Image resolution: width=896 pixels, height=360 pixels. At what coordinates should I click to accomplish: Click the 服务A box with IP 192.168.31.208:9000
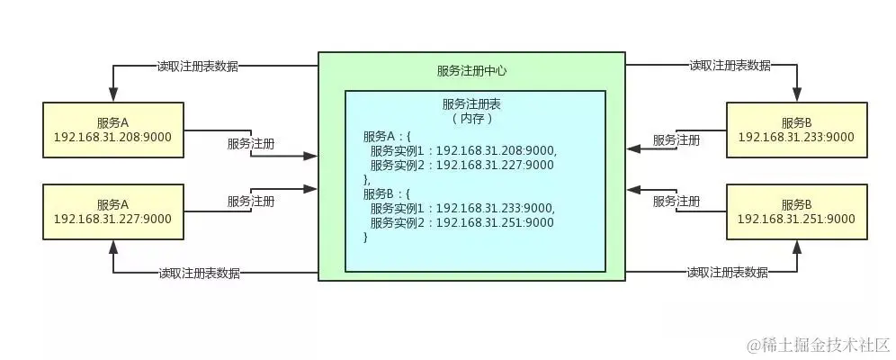(x=112, y=130)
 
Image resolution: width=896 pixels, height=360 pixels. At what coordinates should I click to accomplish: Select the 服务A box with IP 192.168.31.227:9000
(x=112, y=211)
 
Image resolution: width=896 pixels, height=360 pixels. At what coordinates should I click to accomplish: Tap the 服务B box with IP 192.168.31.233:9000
(x=796, y=130)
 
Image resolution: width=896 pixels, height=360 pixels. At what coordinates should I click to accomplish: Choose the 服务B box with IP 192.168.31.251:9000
(x=796, y=211)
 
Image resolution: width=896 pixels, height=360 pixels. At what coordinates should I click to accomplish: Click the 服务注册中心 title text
(x=474, y=70)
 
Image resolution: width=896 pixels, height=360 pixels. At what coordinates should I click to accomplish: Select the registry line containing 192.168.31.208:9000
(x=463, y=150)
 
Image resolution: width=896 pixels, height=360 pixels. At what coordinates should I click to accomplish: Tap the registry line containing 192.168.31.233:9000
(x=463, y=208)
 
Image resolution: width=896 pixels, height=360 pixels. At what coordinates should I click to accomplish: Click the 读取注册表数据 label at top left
(x=198, y=66)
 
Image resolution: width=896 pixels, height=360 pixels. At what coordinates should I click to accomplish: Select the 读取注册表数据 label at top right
(x=730, y=66)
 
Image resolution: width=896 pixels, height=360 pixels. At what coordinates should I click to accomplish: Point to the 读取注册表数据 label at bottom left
(x=199, y=273)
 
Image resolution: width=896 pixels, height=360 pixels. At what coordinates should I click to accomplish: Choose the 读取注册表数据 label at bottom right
(x=728, y=272)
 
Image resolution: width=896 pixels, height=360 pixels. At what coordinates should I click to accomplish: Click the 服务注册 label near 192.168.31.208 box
(x=251, y=143)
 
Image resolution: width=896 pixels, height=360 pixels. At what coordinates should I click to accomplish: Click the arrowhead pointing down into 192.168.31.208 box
(x=112, y=94)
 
